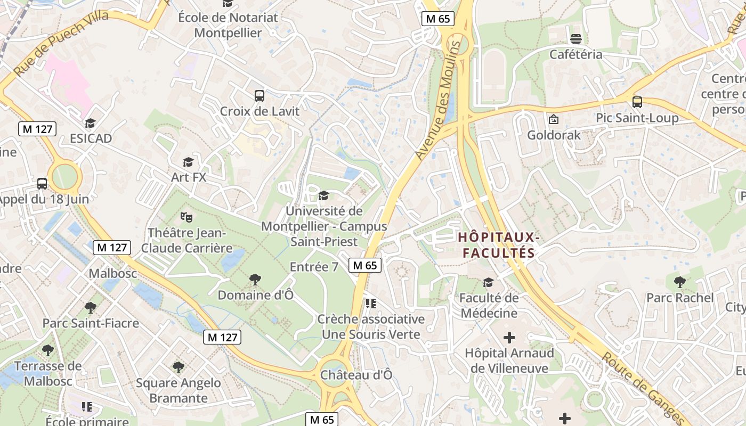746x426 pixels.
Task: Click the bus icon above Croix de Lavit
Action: point(260,96)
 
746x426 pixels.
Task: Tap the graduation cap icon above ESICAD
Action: point(90,124)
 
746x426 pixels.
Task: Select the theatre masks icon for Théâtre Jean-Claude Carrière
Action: point(186,217)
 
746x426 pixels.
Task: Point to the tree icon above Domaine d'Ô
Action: point(255,279)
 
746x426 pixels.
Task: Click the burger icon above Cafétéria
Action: point(575,38)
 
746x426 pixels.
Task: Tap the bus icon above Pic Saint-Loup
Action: point(637,102)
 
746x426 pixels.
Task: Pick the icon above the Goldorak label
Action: point(553,119)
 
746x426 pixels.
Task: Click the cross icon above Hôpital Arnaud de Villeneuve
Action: point(509,337)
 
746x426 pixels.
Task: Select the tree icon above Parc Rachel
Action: point(679,282)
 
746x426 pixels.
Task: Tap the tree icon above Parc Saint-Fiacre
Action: point(91,307)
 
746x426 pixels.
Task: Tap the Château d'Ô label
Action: point(356,375)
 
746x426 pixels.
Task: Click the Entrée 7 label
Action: point(314,267)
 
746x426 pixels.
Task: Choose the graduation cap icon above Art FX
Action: point(188,162)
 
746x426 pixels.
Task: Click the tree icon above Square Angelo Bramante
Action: point(178,367)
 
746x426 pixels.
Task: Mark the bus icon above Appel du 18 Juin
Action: point(42,184)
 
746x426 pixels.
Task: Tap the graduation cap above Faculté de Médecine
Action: point(488,282)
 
